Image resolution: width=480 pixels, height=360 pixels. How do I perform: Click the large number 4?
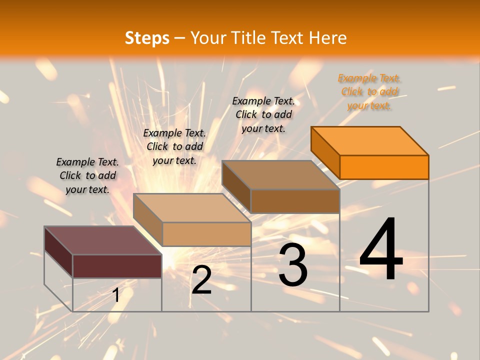[x=381, y=250]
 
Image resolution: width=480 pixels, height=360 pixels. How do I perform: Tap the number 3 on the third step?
[x=293, y=265]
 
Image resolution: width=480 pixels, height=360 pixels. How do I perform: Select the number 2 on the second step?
[x=201, y=280]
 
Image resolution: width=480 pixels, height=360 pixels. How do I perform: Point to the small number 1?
[x=115, y=295]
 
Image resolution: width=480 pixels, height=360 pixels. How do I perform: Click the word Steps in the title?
[x=147, y=38]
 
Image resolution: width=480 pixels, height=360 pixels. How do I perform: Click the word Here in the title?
[x=328, y=38]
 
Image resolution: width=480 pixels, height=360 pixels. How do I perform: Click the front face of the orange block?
[x=384, y=167]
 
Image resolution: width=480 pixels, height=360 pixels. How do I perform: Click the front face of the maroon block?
[x=117, y=266]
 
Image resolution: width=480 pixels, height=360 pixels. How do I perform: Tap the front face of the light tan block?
[x=206, y=234]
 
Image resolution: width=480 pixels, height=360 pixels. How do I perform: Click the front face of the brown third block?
[x=295, y=201]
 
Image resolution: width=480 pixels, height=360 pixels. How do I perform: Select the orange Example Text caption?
[x=369, y=91]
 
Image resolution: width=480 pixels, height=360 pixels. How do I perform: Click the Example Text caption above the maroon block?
[x=87, y=175]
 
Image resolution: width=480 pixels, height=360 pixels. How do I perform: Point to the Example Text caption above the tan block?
[x=174, y=146]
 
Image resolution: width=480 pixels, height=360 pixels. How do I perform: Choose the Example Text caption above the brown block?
[x=263, y=114]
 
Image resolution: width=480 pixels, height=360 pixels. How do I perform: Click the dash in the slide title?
[x=180, y=38]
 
